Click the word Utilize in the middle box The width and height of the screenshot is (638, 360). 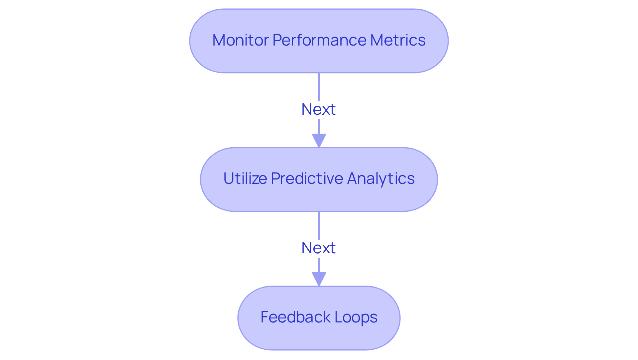[245, 179]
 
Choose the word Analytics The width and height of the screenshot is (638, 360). [381, 179]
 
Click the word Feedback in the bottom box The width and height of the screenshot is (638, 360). [295, 317]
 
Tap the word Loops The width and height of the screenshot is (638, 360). [356, 317]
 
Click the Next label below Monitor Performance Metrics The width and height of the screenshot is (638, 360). [318, 109]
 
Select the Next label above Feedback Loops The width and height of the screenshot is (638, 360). [318, 248]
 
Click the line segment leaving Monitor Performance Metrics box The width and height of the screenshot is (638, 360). [319, 86]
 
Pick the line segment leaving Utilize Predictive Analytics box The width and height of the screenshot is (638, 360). [319, 225]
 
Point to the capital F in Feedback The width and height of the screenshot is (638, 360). [265, 317]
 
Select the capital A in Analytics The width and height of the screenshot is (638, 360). [353, 179]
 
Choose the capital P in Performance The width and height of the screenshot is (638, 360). [277, 40]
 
